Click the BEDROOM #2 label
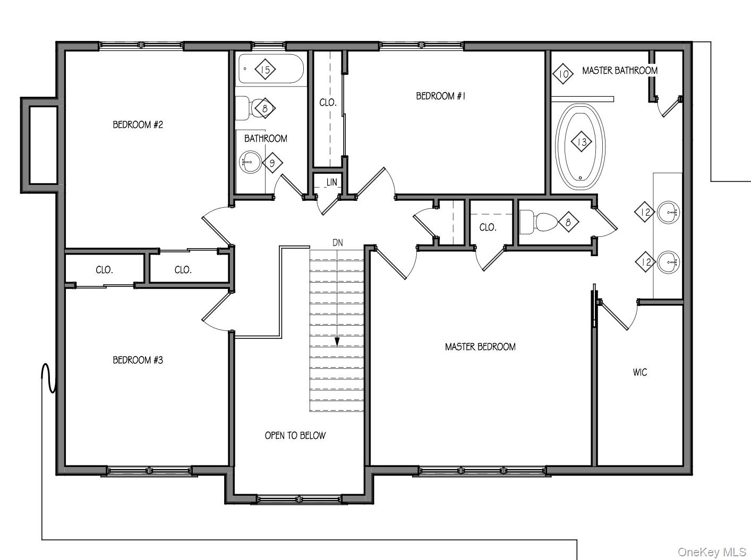[x=138, y=125]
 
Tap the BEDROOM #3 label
[x=138, y=360]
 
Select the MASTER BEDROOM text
[x=480, y=347]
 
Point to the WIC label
[x=640, y=372]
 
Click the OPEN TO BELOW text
[x=295, y=436]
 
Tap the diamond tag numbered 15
[x=266, y=69]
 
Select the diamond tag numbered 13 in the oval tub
[x=582, y=142]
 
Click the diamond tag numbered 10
[x=564, y=74]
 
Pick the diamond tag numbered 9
[x=272, y=163]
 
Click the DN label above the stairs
[x=338, y=243]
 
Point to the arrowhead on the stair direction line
[x=337, y=343]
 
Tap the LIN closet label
[x=331, y=182]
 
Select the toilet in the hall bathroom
[x=246, y=108]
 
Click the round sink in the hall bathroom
[x=250, y=162]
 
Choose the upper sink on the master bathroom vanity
[x=668, y=212]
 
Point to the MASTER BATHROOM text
[x=620, y=71]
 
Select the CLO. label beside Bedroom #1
[x=328, y=103]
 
